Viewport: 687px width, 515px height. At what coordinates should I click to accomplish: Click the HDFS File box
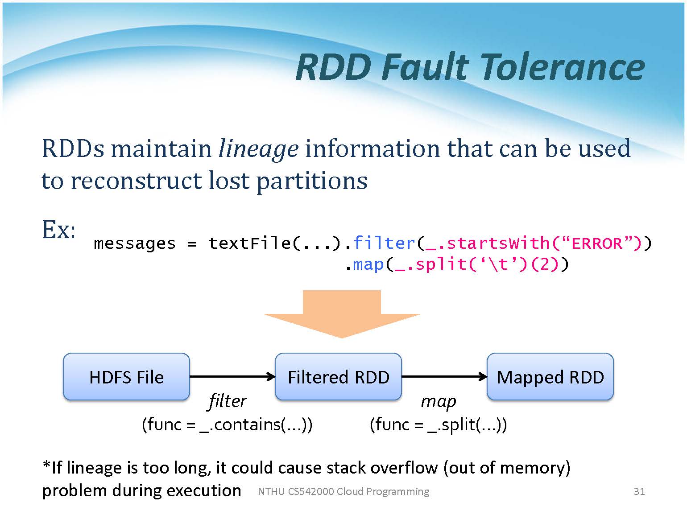[x=126, y=377]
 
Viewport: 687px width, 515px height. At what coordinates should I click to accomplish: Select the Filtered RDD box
[x=338, y=377]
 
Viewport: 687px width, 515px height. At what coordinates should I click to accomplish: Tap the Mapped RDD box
[x=550, y=377]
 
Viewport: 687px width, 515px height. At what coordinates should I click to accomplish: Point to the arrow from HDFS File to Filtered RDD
[x=232, y=377]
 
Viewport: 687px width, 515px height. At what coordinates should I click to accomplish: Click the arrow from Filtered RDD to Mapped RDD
[x=444, y=377]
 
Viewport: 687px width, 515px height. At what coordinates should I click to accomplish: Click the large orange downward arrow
[x=342, y=314]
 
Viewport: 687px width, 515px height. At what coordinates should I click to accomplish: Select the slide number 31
[x=639, y=491]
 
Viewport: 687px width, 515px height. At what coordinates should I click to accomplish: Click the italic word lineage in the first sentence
[x=258, y=148]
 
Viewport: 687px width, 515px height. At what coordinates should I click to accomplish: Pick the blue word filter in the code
[x=384, y=243]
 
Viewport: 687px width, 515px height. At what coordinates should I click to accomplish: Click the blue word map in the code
[x=368, y=265]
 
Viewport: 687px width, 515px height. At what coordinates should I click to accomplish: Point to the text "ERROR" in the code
[x=597, y=243]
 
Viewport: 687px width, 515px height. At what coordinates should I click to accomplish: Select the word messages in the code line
[x=135, y=244]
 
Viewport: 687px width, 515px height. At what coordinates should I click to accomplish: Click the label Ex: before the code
[x=58, y=230]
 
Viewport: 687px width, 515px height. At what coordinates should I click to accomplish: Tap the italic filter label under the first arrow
[x=227, y=401]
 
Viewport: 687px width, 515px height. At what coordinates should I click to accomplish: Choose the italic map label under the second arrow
[x=439, y=401]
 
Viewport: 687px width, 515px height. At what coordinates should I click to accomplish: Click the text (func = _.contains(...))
[x=227, y=424]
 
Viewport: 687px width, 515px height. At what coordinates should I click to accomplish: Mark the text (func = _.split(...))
[x=439, y=424]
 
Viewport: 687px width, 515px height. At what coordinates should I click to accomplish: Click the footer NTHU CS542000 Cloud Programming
[x=343, y=491]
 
